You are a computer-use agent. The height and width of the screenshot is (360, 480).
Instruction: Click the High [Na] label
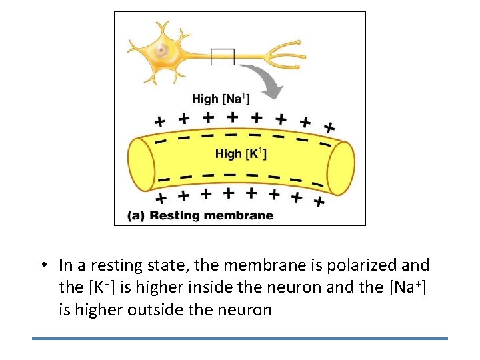click(x=221, y=99)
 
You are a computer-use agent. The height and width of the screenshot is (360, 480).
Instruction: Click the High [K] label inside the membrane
click(x=241, y=153)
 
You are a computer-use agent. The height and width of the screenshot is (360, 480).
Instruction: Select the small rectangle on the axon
click(x=223, y=57)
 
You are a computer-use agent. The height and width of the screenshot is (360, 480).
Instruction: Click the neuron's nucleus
click(x=161, y=51)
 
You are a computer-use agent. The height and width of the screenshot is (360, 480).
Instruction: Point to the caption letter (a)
click(x=135, y=215)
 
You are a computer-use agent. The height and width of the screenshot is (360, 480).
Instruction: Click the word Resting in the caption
click(x=176, y=215)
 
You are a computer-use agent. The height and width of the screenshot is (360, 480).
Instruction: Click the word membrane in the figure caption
click(x=239, y=215)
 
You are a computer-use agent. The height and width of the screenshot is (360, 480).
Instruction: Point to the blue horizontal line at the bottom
click(x=240, y=339)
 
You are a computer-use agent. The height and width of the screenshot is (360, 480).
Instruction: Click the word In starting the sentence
click(x=65, y=265)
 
